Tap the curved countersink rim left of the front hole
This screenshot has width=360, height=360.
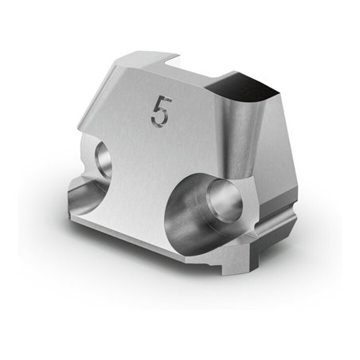(177, 211)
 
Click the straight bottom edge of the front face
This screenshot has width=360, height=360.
(151, 239)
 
